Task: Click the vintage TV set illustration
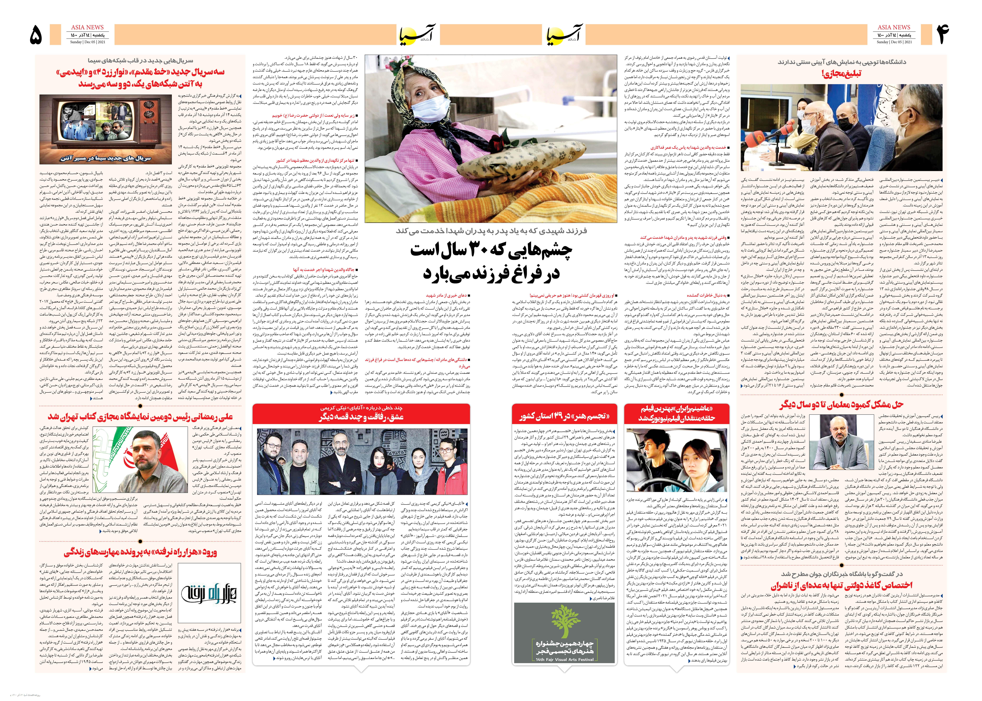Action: coord(107,129)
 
